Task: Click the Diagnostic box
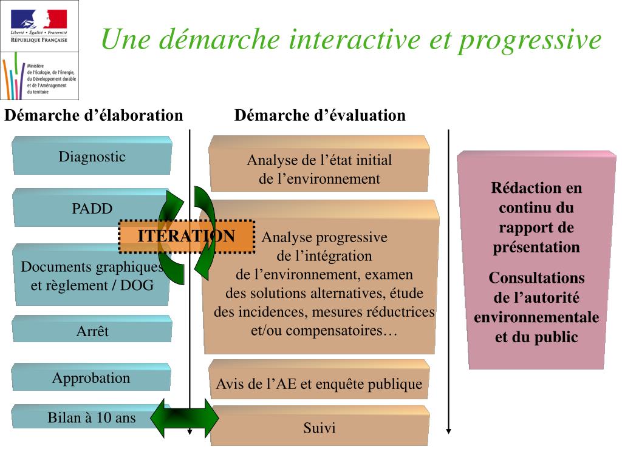(92, 157)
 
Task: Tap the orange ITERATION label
(186, 236)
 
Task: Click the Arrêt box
(92, 331)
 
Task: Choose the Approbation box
(91, 378)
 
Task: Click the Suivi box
(320, 428)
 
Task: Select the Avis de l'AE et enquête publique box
(319, 383)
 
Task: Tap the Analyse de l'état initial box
(319, 169)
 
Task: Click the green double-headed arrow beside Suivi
(185, 417)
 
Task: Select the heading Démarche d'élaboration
(94, 115)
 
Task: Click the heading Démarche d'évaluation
(320, 115)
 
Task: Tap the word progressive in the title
(530, 40)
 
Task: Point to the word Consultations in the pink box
(536, 278)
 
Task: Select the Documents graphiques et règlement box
(91, 275)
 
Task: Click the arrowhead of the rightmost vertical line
(449, 431)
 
